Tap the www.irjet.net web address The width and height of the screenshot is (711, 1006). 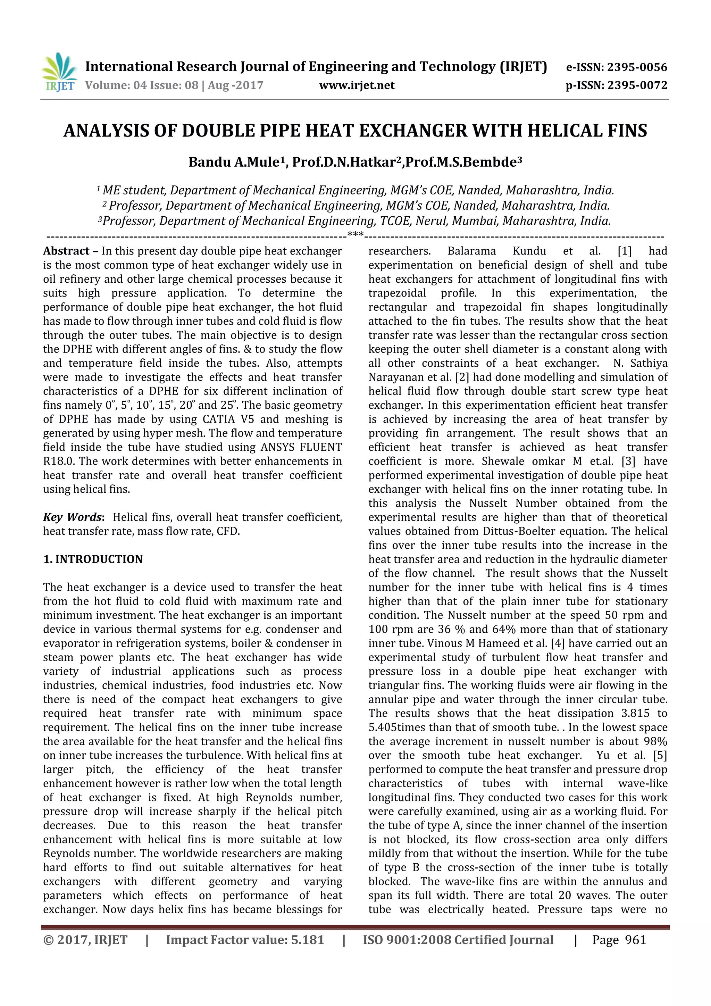click(357, 85)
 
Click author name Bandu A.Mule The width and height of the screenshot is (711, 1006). click(234, 163)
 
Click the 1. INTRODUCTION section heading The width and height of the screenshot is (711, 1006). click(93, 559)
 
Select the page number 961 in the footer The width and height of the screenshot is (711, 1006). click(635, 940)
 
